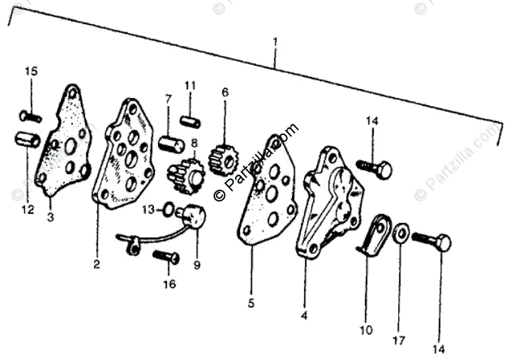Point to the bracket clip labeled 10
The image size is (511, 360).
376,234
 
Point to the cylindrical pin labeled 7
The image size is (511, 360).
170,145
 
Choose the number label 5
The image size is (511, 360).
251,304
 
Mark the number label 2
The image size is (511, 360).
97,265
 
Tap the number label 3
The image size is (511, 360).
51,218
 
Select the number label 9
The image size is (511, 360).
197,265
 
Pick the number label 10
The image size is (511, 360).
366,331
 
